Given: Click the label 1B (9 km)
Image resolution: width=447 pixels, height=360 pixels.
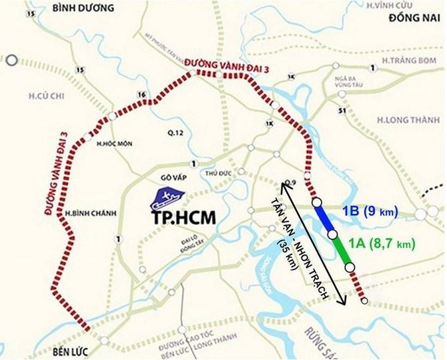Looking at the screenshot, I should pyautogui.click(x=370, y=212).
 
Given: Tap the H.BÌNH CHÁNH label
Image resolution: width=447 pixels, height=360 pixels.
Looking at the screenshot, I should pyautogui.click(x=91, y=213).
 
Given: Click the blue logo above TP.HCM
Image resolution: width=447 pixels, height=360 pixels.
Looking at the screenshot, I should pyautogui.click(x=168, y=197).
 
